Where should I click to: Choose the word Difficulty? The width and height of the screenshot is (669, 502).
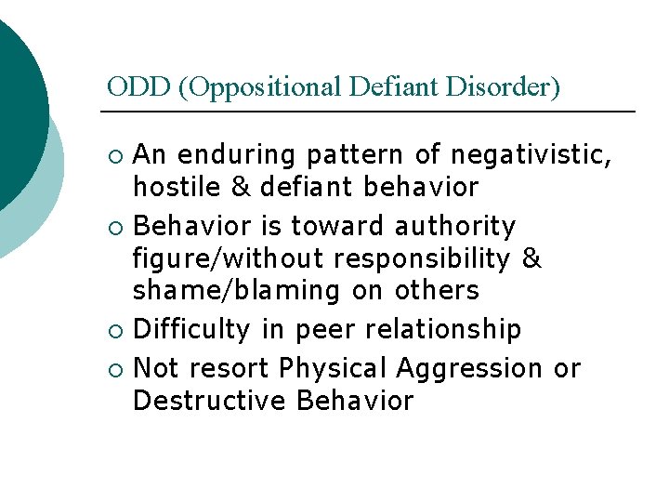pos(192,329)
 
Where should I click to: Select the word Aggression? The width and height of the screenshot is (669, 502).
pos(469,368)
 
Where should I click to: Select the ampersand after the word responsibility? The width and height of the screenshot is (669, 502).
pos(531,258)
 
